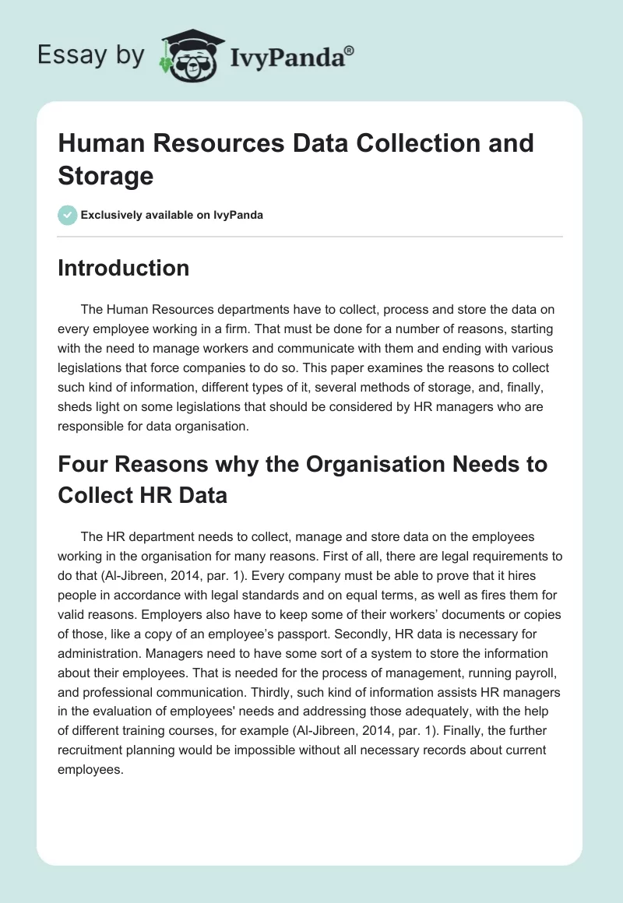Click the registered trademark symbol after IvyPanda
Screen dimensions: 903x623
click(x=350, y=50)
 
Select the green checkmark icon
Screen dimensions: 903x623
click(x=68, y=215)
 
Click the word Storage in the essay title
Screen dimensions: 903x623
click(x=106, y=175)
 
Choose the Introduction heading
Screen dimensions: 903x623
click(x=123, y=268)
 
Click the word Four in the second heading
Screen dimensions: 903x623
click(x=85, y=464)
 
